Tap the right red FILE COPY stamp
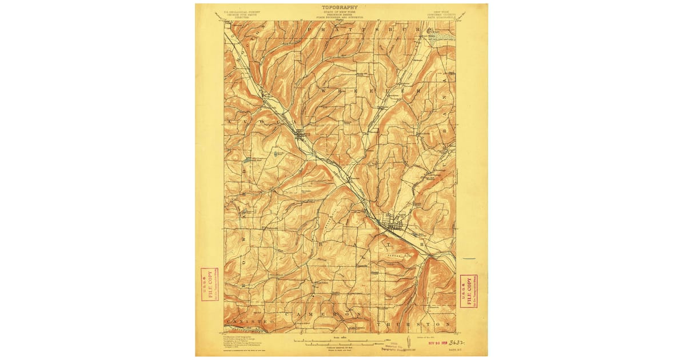[469, 291]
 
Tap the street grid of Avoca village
[301, 135]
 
